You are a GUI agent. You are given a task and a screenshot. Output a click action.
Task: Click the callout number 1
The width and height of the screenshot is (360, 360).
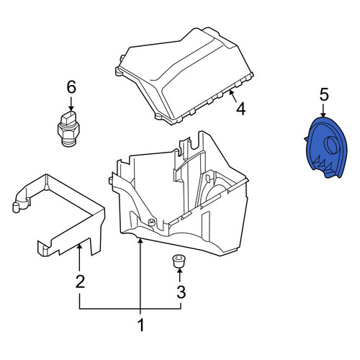coord(141,325)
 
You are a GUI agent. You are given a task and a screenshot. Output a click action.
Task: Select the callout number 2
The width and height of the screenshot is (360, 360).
coord(80,282)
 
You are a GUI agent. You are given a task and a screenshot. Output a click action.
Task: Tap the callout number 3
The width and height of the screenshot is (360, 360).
coord(181,292)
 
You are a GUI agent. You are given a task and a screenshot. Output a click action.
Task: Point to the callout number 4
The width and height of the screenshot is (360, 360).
coord(240,109)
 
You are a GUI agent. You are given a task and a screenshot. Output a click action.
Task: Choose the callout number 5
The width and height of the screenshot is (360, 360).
coord(324,94)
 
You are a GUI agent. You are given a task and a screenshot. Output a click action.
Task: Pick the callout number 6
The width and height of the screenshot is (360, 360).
coord(71,87)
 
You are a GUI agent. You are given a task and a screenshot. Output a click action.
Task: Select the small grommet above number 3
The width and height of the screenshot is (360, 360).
coord(178,261)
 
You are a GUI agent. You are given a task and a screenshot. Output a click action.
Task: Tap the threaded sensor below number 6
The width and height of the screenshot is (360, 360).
coord(68,129)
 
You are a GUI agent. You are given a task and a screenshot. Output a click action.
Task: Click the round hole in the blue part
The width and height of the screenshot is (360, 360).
coord(331,145)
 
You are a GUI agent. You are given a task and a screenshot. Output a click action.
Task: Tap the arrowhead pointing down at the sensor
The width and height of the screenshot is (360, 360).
coord(71,109)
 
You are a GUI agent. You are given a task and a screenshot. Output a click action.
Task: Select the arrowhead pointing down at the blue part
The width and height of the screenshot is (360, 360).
coord(323,114)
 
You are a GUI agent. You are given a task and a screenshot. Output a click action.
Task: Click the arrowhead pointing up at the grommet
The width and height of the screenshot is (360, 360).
coord(179,271)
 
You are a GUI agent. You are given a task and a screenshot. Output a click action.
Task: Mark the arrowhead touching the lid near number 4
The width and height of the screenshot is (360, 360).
coord(231,92)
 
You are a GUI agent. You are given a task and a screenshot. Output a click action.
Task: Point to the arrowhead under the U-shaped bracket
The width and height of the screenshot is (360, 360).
coord(79,246)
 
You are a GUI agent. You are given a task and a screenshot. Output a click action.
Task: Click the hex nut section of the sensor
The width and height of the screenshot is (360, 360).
coord(68,131)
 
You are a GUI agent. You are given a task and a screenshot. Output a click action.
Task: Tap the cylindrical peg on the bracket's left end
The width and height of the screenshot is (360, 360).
coord(16,207)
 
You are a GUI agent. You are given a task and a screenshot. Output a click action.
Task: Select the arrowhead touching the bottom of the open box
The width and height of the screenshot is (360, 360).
coord(140,241)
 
